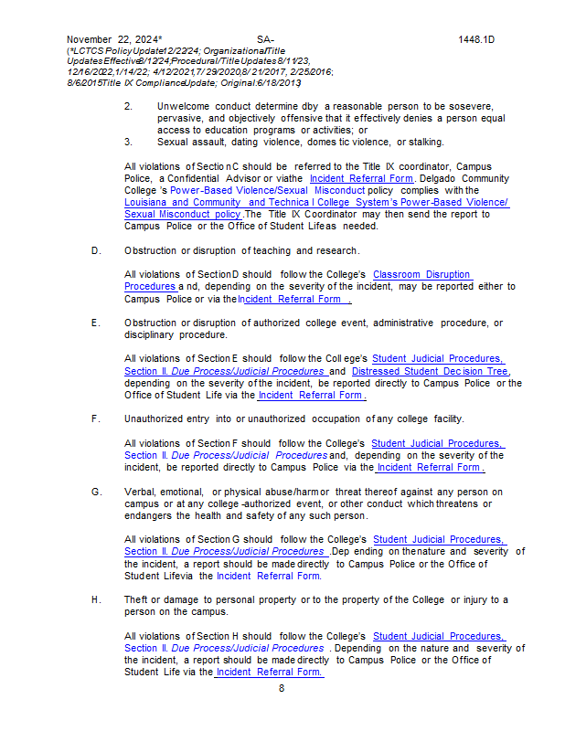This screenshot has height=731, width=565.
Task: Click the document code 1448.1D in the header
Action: pyautogui.click(x=475, y=40)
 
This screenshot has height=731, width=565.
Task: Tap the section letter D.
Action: pyautogui.click(x=96, y=250)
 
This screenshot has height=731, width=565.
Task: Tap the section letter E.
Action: pyautogui.click(x=96, y=323)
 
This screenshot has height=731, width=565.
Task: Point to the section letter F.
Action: pyautogui.click(x=96, y=418)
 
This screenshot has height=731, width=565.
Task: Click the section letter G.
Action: pyautogui.click(x=96, y=492)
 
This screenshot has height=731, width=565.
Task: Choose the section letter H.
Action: pyautogui.click(x=96, y=599)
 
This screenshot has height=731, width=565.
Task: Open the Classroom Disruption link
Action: pyautogui.click(x=422, y=274)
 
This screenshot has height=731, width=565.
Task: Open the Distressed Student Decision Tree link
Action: pyautogui.click(x=430, y=371)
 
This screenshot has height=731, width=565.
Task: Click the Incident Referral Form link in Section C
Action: pyautogui.click(x=361, y=178)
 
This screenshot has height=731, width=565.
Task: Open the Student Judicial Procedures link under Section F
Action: pyautogui.click(x=438, y=443)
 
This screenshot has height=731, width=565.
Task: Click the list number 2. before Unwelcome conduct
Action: pyautogui.click(x=129, y=107)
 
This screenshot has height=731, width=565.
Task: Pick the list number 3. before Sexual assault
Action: pyautogui.click(x=129, y=142)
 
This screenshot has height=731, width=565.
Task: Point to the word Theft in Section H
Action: pyautogui.click(x=138, y=599)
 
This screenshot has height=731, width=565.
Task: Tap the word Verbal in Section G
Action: pyautogui.click(x=140, y=492)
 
